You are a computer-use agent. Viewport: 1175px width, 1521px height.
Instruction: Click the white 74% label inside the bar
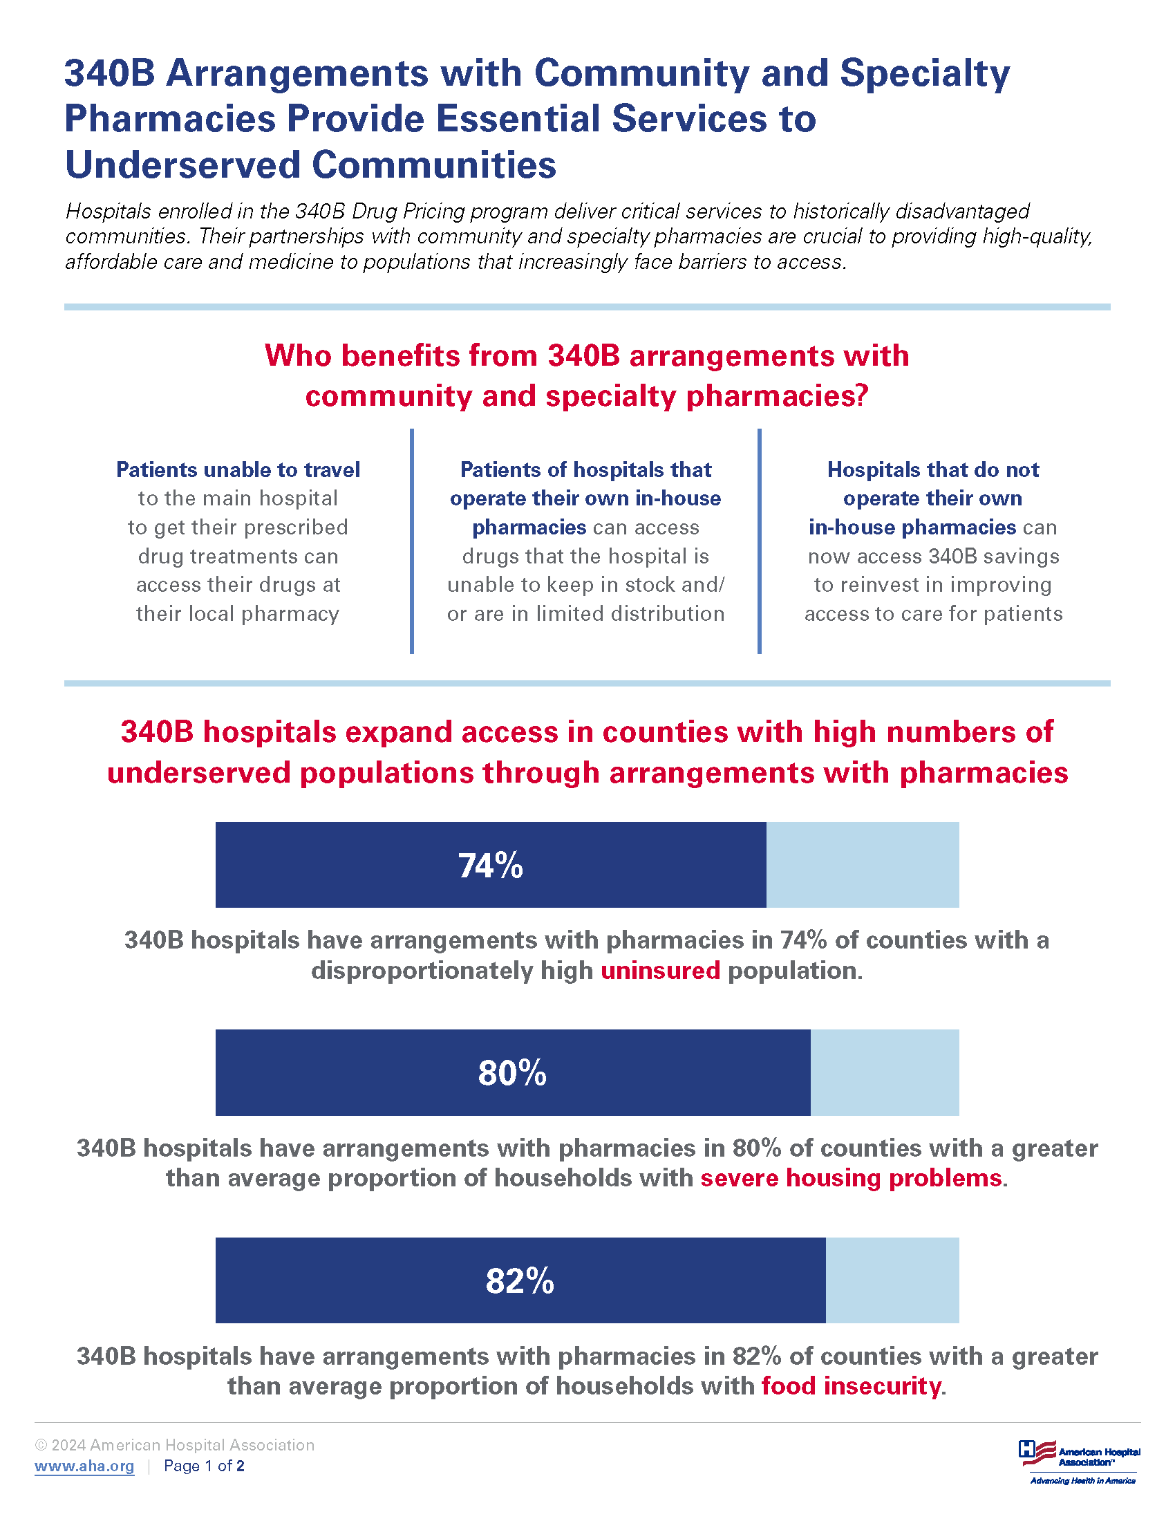point(490,866)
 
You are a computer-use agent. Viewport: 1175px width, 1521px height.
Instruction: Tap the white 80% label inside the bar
point(511,1072)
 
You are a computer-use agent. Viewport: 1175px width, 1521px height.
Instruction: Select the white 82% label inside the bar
point(519,1280)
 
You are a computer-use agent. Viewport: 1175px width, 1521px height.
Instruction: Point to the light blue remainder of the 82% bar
point(892,1280)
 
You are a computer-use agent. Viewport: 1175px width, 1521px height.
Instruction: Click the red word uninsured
point(660,970)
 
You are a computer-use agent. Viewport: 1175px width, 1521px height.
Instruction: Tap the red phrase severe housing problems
point(851,1177)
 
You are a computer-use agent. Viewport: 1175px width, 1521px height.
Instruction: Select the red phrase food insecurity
point(851,1386)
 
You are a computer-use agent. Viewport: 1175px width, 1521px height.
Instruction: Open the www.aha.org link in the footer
point(84,1466)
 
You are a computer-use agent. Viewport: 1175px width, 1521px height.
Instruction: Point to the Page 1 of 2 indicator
point(204,1466)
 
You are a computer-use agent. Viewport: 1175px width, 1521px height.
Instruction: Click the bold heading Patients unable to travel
point(238,469)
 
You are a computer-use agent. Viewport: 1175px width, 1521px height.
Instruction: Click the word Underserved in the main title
point(182,165)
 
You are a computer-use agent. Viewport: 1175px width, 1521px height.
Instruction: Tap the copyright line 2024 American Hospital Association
point(175,1445)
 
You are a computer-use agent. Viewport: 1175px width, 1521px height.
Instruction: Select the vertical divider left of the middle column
point(412,541)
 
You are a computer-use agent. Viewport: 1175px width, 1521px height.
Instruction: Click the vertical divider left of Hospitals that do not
point(759,541)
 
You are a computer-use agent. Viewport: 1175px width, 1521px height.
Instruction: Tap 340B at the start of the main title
point(109,73)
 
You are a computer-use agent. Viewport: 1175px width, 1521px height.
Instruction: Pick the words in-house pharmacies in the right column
point(912,528)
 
